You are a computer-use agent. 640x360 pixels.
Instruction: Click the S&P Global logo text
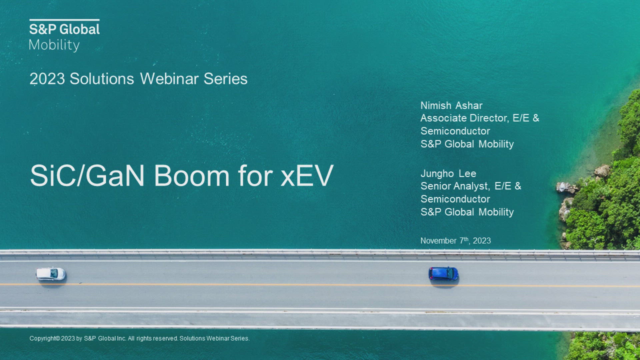(x=64, y=29)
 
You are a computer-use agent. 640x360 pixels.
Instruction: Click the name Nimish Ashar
(x=451, y=106)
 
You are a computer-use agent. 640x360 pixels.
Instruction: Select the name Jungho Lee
(x=448, y=174)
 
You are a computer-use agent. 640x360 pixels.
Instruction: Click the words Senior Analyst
(x=454, y=186)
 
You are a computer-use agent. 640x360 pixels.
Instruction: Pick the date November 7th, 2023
(x=456, y=240)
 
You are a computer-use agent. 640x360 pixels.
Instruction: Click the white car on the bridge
(x=51, y=274)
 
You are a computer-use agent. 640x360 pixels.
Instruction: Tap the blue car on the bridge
(x=443, y=274)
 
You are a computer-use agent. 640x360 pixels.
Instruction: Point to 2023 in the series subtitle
(x=47, y=79)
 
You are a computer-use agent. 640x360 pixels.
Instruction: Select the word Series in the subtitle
(x=226, y=79)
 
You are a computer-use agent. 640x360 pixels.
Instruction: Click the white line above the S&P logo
(x=64, y=20)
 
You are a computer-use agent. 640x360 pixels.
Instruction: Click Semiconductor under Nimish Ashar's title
(x=455, y=131)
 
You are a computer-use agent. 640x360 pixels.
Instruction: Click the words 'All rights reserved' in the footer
(x=153, y=338)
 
